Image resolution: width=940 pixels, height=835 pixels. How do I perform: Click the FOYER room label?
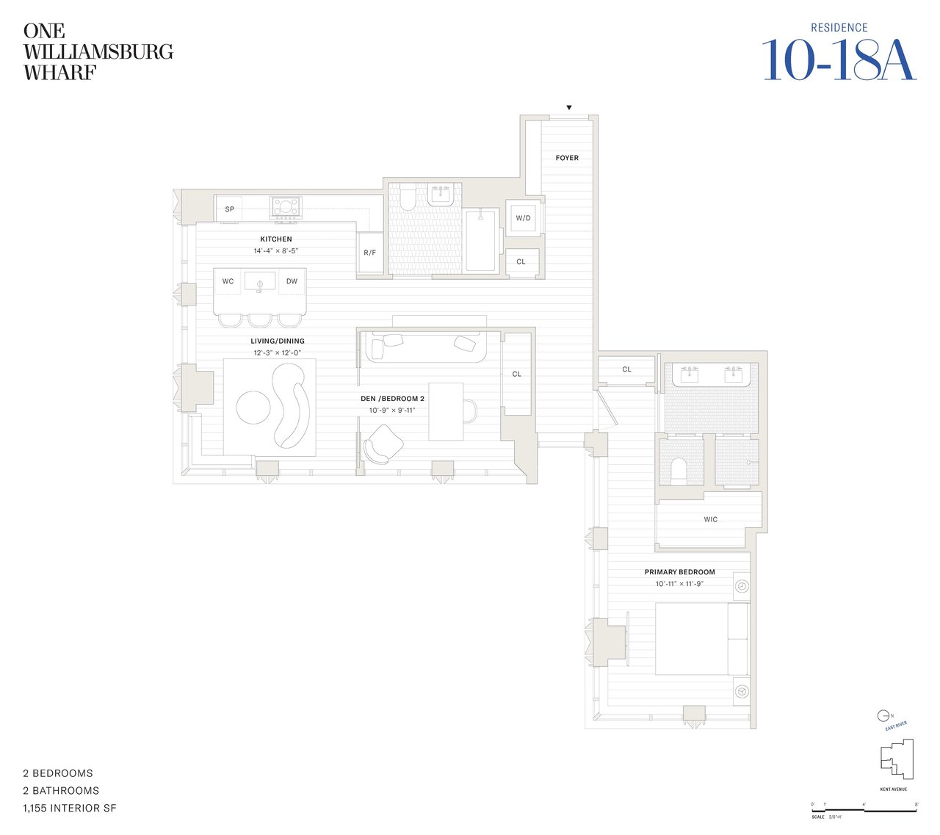pos(567,158)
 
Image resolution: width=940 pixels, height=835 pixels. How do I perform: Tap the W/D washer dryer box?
pos(523,218)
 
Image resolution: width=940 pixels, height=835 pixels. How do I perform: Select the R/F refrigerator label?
pos(370,253)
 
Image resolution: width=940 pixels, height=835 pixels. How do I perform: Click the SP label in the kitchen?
pos(229,209)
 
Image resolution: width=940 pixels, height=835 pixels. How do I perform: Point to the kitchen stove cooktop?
pos(286,207)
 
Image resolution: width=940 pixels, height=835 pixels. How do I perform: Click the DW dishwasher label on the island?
pos(292,281)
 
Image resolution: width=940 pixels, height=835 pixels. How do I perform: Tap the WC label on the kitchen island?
pos(228,281)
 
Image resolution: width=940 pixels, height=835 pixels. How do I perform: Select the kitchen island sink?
pos(260,281)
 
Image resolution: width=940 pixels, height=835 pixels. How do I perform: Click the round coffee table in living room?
pos(253,407)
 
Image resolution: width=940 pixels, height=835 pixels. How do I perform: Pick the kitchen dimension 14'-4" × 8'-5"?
pos(276,251)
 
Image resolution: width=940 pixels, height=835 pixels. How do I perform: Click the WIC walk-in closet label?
pos(710,519)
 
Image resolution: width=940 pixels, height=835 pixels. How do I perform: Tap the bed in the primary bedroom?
pos(701,639)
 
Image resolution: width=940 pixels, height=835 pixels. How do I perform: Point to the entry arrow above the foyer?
pos(569,108)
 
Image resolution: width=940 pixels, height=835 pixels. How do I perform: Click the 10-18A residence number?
pos(839,60)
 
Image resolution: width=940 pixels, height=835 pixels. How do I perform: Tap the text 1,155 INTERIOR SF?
pos(70,809)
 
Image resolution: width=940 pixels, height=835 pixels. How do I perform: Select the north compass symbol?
pos(883,715)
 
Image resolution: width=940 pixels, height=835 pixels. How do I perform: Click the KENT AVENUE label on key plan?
pos(893,789)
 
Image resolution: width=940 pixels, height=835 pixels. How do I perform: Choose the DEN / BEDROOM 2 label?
pos(392,399)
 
